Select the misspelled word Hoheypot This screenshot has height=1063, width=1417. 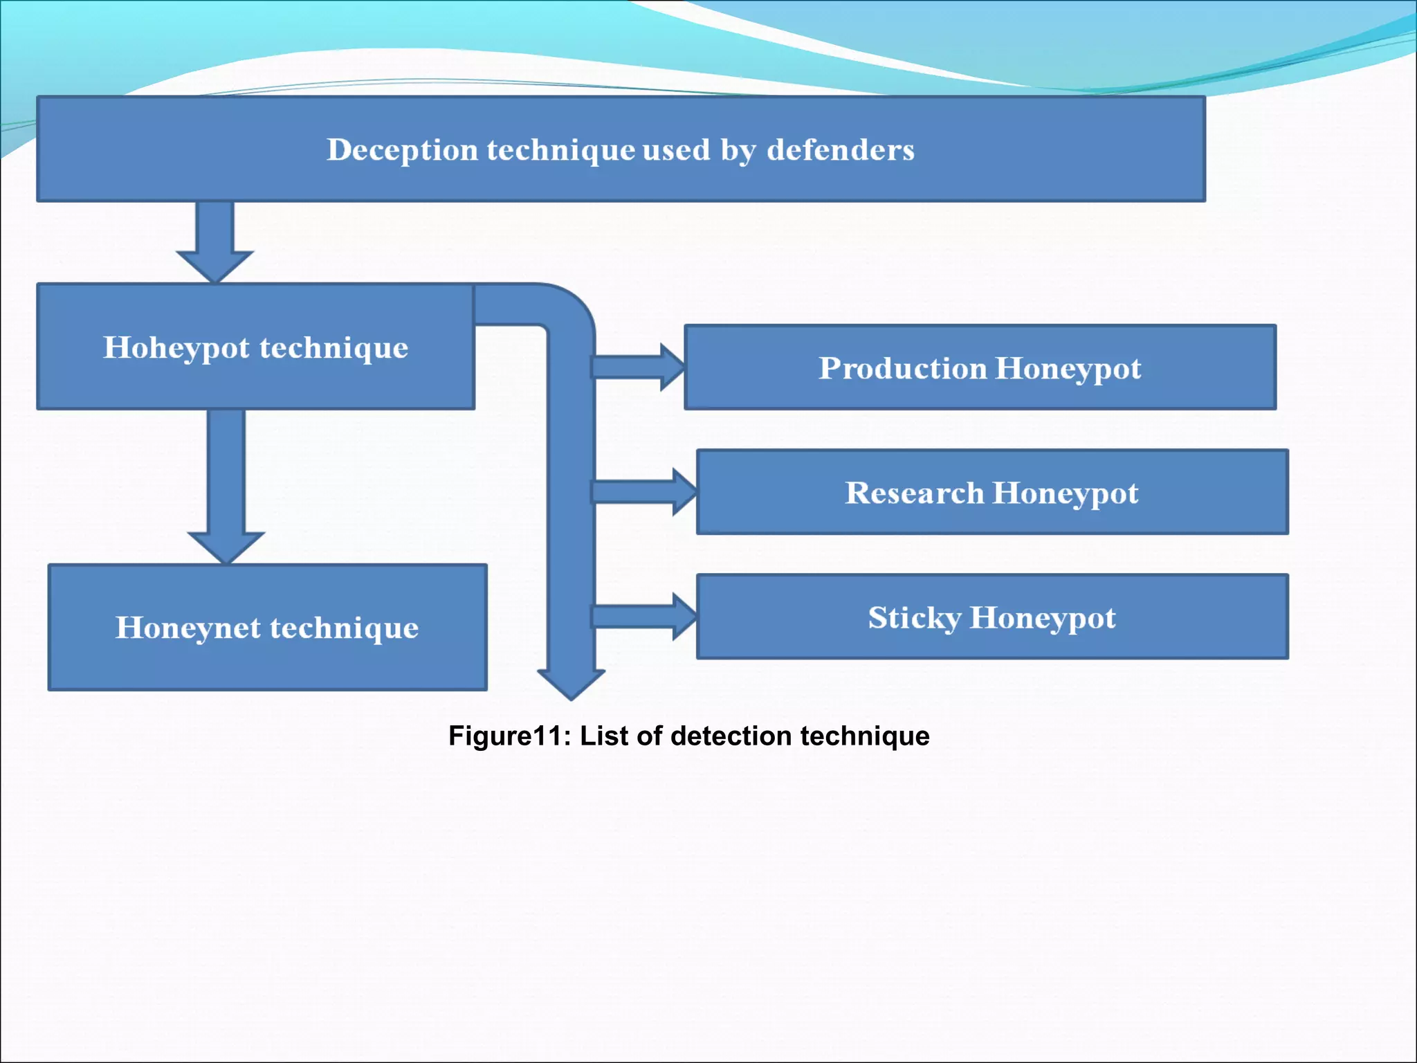click(x=176, y=348)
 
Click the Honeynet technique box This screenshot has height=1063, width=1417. click(x=267, y=627)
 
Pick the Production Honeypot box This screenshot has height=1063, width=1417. click(x=980, y=367)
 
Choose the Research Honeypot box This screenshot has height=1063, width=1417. click(x=991, y=492)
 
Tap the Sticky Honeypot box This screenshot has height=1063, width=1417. click(x=991, y=617)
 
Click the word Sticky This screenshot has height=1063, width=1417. click(x=914, y=618)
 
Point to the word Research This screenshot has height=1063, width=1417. click(x=913, y=493)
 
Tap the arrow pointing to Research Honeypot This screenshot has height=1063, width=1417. click(x=644, y=492)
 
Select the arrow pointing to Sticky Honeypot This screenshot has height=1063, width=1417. click(x=644, y=617)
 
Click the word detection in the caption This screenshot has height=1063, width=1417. click(x=730, y=736)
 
